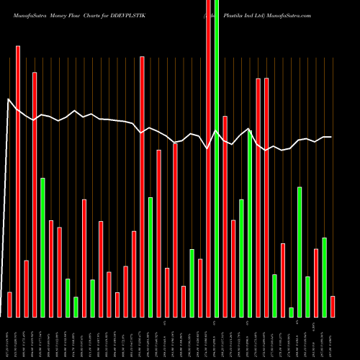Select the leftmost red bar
[9, 305]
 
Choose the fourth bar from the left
[35, 194]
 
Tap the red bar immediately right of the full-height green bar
[225, 216]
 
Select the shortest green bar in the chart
[291, 312]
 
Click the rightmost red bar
[333, 306]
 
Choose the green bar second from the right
[307, 297]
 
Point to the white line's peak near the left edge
[8, 100]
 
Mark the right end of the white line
[331, 137]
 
